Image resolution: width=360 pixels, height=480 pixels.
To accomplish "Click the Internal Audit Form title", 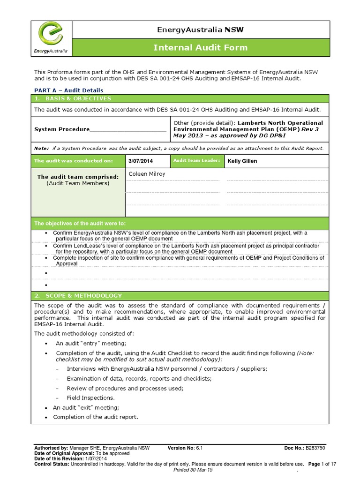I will point(201,47).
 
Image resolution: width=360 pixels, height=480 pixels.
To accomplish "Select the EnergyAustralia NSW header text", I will point(201,30).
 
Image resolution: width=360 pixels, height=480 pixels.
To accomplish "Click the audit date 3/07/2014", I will point(141,161).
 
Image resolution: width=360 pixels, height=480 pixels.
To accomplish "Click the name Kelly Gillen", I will point(242,161).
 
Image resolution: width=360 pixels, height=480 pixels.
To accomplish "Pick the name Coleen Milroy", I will point(147,174).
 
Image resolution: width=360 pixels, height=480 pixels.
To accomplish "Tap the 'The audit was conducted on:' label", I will point(74,161).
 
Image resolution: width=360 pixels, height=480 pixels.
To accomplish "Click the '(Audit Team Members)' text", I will point(78,183).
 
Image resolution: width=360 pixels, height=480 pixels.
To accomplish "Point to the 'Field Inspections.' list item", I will point(90,397).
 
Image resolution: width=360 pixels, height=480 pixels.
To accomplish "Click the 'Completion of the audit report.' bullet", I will point(96,417).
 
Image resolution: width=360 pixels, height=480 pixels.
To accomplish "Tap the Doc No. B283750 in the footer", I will point(305,448).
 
